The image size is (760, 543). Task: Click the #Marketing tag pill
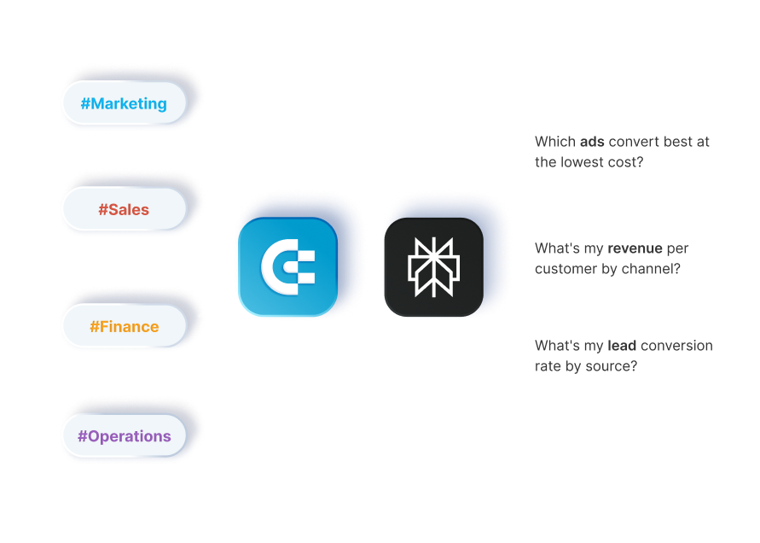click(124, 103)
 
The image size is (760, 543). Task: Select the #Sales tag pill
click(124, 209)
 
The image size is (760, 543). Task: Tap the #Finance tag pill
click(124, 326)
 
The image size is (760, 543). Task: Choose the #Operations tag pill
click(124, 435)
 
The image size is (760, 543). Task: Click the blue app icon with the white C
click(287, 266)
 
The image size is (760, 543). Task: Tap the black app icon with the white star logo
click(432, 266)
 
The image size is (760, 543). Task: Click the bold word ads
click(593, 142)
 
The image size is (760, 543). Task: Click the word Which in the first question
click(554, 142)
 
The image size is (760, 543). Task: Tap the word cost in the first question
click(626, 162)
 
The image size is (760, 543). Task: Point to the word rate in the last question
click(549, 366)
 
